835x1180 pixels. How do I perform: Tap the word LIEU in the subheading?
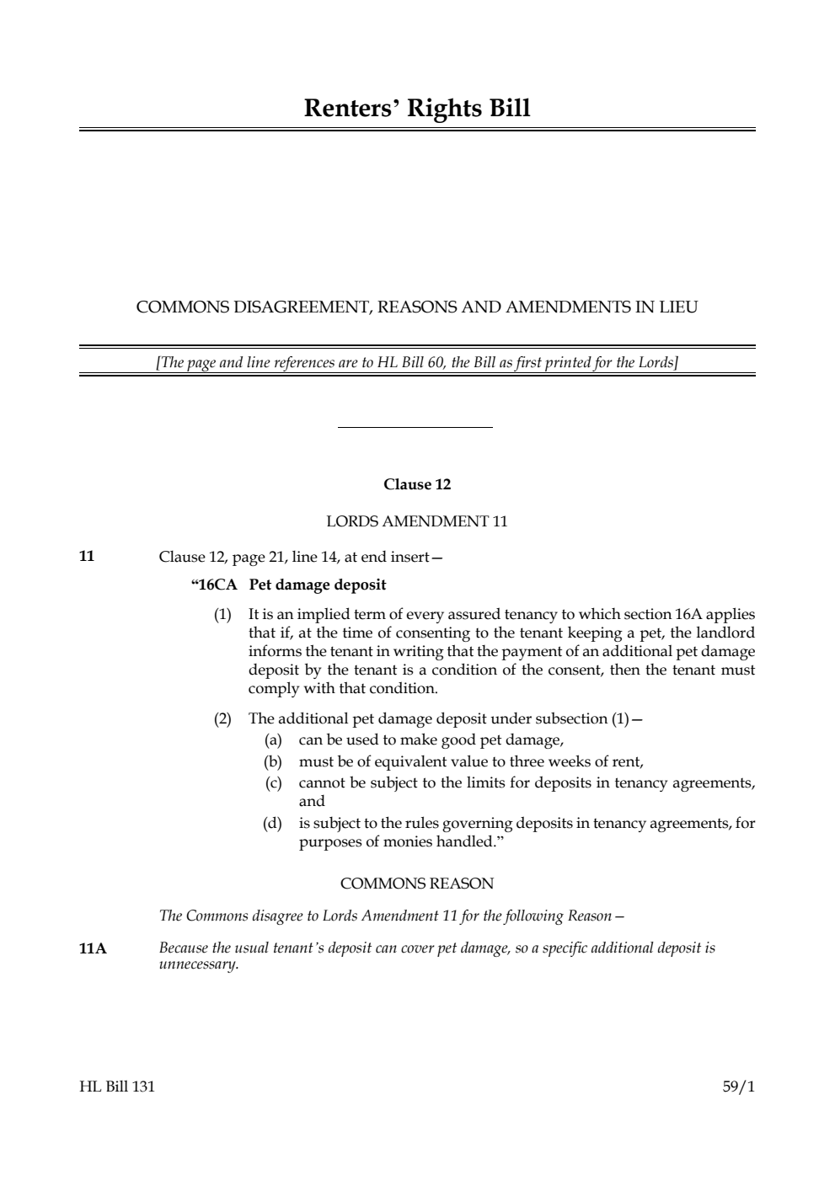coord(677,307)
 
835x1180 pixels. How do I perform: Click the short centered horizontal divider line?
coord(415,428)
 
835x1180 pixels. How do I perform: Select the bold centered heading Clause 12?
coord(417,484)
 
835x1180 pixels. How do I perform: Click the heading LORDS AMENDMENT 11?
coord(417,521)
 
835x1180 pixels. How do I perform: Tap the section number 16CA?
coord(216,585)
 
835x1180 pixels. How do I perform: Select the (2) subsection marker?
coord(222,719)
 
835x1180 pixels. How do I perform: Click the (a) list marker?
coord(272,740)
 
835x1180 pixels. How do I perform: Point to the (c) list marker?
coord(272,783)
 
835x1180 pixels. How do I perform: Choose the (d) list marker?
coord(272,823)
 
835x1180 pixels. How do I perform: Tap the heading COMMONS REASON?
coord(417,884)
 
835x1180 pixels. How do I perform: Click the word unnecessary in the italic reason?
coord(199,965)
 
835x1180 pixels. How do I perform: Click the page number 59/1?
coord(738,1087)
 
